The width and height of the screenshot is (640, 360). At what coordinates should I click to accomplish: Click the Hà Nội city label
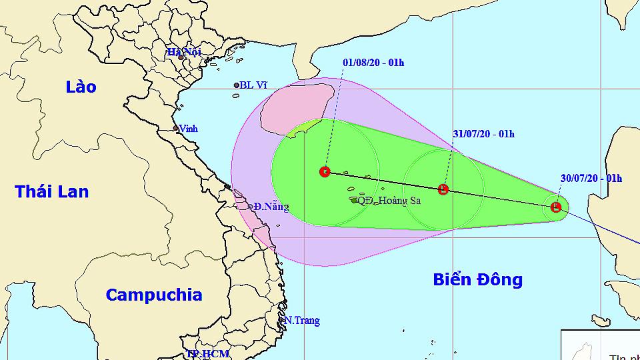click(x=184, y=51)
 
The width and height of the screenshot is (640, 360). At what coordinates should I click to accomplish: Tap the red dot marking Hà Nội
click(x=181, y=57)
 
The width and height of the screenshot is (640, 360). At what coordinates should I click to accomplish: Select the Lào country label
click(x=81, y=87)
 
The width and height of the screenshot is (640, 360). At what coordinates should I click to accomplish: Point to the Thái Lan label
click(x=52, y=192)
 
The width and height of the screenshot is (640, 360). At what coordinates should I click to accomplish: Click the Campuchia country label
click(x=153, y=295)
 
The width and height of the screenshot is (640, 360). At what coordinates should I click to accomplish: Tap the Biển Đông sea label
click(x=477, y=279)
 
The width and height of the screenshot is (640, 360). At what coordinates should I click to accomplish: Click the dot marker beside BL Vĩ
click(x=237, y=85)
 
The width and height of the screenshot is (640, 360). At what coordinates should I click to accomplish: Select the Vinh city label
click(x=189, y=129)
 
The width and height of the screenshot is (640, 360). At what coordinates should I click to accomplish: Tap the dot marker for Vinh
click(x=175, y=128)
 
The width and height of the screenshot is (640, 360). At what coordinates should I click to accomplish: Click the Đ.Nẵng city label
click(x=271, y=207)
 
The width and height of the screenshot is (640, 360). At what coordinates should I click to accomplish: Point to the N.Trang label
click(x=301, y=321)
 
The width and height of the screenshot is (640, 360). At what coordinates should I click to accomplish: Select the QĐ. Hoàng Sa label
click(x=389, y=200)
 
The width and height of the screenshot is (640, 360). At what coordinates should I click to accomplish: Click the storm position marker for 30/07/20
click(x=556, y=207)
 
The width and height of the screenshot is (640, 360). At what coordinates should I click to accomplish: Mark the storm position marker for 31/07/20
click(x=443, y=189)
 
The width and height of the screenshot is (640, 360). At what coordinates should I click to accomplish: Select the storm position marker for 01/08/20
click(x=325, y=172)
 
